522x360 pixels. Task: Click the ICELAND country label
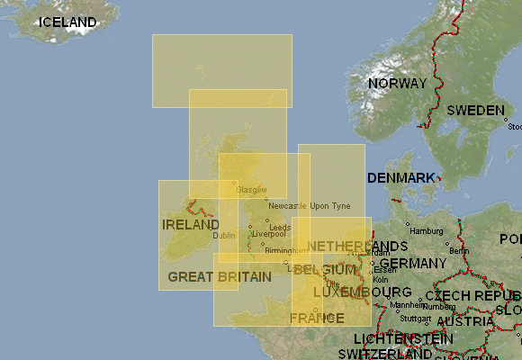(67, 22)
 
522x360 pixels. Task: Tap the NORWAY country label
(397, 84)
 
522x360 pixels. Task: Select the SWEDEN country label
(476, 111)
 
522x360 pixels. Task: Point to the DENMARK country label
(400, 178)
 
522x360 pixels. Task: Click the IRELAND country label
(190, 224)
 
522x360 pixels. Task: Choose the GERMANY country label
(413, 264)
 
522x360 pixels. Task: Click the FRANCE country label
(317, 319)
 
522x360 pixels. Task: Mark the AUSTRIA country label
(465, 321)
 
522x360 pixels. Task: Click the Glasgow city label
(252, 190)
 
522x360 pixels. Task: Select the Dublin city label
(224, 236)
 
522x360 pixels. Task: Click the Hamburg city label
(427, 231)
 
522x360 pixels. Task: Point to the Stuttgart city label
(416, 318)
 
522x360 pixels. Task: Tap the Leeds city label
(279, 227)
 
